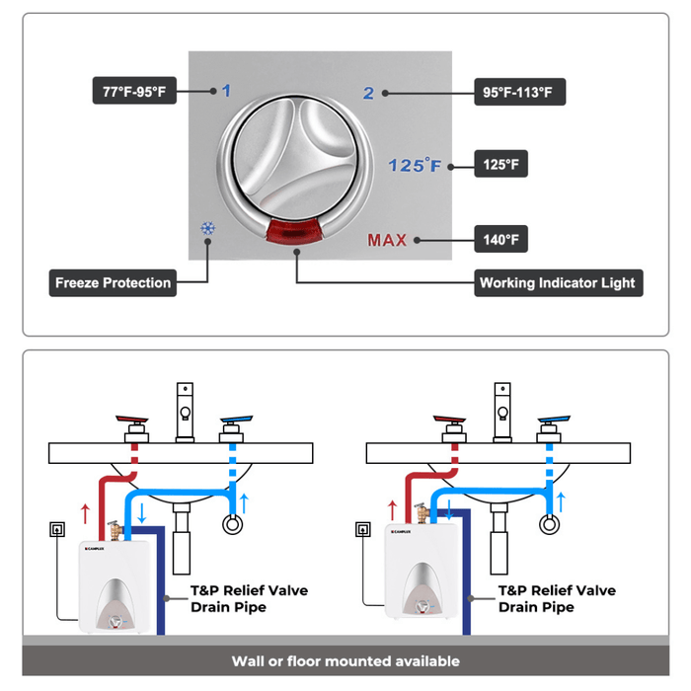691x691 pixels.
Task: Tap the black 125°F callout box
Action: point(500,164)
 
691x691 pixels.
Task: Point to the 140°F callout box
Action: point(500,239)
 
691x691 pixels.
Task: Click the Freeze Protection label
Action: point(113,283)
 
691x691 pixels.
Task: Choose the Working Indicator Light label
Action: point(558,283)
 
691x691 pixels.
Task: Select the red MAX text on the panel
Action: point(387,240)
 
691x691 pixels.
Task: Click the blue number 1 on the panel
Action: point(226,92)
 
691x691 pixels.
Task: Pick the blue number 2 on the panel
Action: point(368,94)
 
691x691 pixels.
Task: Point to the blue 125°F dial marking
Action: point(414,165)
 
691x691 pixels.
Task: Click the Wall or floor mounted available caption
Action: point(345,661)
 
